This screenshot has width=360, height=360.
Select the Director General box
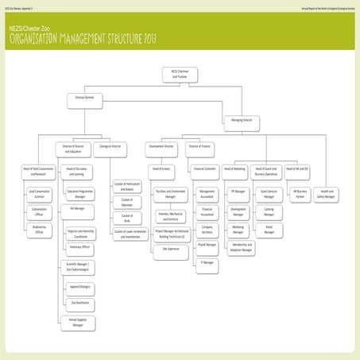click(84, 99)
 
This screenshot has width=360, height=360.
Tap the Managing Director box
click(242, 121)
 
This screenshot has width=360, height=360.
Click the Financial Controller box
click(206, 169)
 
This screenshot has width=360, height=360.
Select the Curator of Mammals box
click(127, 203)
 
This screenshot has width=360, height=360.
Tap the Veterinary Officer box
click(80, 246)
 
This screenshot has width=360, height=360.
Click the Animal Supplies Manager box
click(77, 322)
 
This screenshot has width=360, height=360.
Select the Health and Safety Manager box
click(326, 193)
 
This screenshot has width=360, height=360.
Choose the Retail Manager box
click(269, 229)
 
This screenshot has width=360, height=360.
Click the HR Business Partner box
click(300, 193)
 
